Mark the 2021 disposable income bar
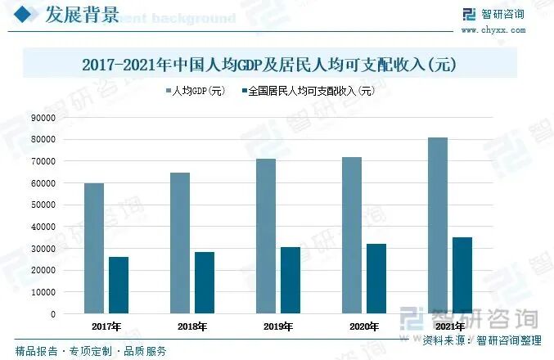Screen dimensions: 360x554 462,275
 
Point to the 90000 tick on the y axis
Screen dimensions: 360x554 43,117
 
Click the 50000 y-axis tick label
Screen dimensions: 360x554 43,205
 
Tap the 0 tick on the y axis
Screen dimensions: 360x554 53,313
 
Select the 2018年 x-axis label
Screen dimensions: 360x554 191,326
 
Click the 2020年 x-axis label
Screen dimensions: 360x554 363,326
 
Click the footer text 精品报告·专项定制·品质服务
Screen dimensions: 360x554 91,351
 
